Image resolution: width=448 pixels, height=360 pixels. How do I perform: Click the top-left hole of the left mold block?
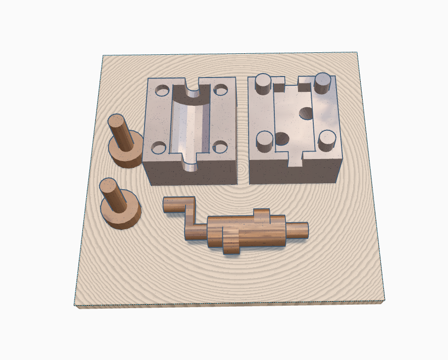(161, 91)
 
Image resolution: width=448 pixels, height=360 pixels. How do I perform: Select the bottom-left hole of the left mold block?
(159, 147)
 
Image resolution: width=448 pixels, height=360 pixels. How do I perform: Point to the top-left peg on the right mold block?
(262, 84)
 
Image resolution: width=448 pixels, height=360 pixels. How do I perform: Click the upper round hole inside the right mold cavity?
(307, 114)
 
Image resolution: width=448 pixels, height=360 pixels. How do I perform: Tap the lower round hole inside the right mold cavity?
(282, 139)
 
